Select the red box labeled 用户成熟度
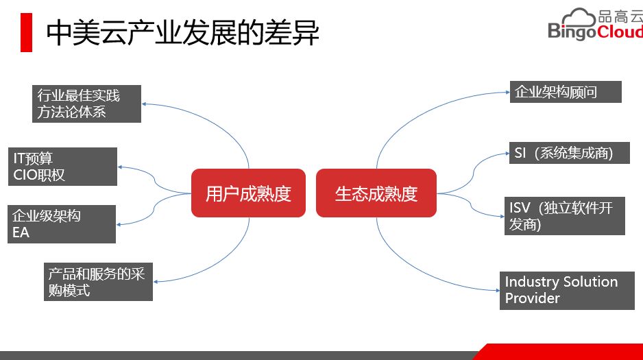click(248, 193)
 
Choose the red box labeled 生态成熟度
click(376, 193)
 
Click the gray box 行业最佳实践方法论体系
click(87, 104)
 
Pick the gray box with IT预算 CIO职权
click(55, 167)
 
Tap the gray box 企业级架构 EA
click(62, 224)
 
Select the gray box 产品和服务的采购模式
click(99, 282)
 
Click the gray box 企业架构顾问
click(566, 92)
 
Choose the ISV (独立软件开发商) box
click(566, 216)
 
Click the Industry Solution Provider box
click(566, 290)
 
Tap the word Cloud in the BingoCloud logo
click(619, 32)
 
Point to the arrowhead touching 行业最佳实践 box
click(145, 104)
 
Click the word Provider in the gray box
click(533, 299)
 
